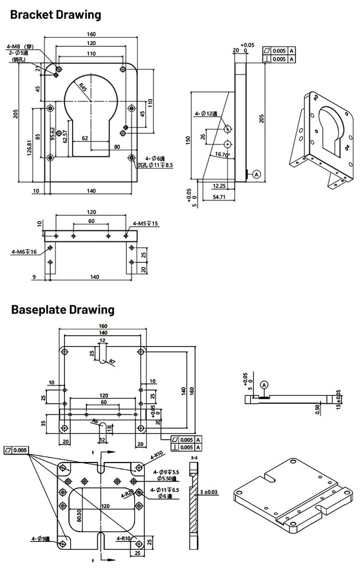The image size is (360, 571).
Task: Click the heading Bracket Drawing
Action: click(x=55, y=15)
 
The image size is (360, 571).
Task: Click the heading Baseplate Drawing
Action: click(x=62, y=310)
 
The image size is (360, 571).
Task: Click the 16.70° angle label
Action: click(x=223, y=155)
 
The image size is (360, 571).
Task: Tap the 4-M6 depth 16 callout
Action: click(x=23, y=251)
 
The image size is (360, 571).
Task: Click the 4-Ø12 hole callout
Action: click(x=206, y=114)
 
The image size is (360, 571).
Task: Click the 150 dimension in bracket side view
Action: click(x=189, y=140)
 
